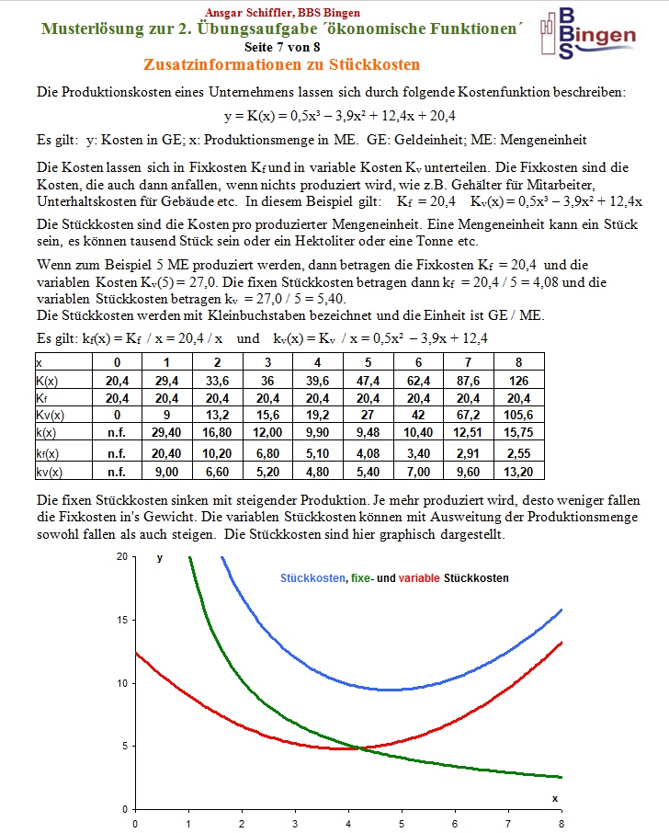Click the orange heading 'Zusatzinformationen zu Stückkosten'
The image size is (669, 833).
click(281, 65)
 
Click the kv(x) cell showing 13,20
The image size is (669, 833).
click(518, 471)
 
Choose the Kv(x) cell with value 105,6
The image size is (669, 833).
click(518, 415)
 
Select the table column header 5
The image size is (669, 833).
click(368, 361)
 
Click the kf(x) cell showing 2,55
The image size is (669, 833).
click(518, 452)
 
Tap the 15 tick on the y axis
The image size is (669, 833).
click(121, 621)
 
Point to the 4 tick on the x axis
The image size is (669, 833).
click(348, 823)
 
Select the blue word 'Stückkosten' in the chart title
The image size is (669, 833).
click(312, 578)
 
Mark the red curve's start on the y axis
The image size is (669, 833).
click(136, 653)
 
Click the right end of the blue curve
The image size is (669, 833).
click(561, 610)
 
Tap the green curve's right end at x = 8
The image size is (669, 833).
click(561, 777)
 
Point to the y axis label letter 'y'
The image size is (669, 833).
click(160, 558)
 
